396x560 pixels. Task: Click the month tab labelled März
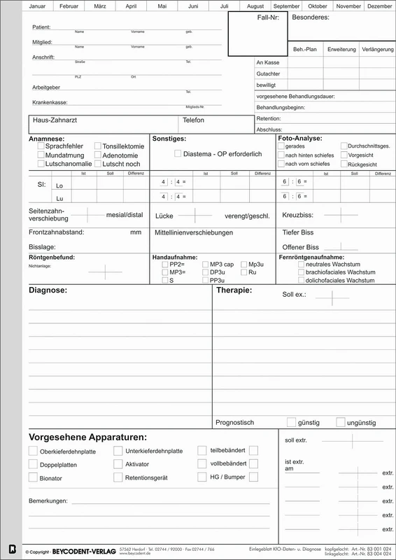tap(90, 6)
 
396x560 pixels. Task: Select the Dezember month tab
tap(379, 6)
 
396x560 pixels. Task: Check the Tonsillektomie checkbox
tap(97, 147)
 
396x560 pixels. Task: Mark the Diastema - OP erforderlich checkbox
tap(178, 153)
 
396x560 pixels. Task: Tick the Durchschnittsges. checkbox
tap(344, 147)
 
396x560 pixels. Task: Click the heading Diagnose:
tap(48, 290)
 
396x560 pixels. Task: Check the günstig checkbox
tap(291, 422)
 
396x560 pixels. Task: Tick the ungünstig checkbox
tap(341, 422)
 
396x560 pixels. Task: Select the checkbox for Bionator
tap(33, 477)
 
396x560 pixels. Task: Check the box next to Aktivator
tap(118, 464)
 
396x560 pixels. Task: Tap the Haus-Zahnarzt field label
tap(55, 120)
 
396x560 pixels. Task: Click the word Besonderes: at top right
tap(310, 17)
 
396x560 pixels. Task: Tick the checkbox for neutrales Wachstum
tap(301, 265)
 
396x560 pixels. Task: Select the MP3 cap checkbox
tap(205, 265)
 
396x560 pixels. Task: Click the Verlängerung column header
tap(376, 50)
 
